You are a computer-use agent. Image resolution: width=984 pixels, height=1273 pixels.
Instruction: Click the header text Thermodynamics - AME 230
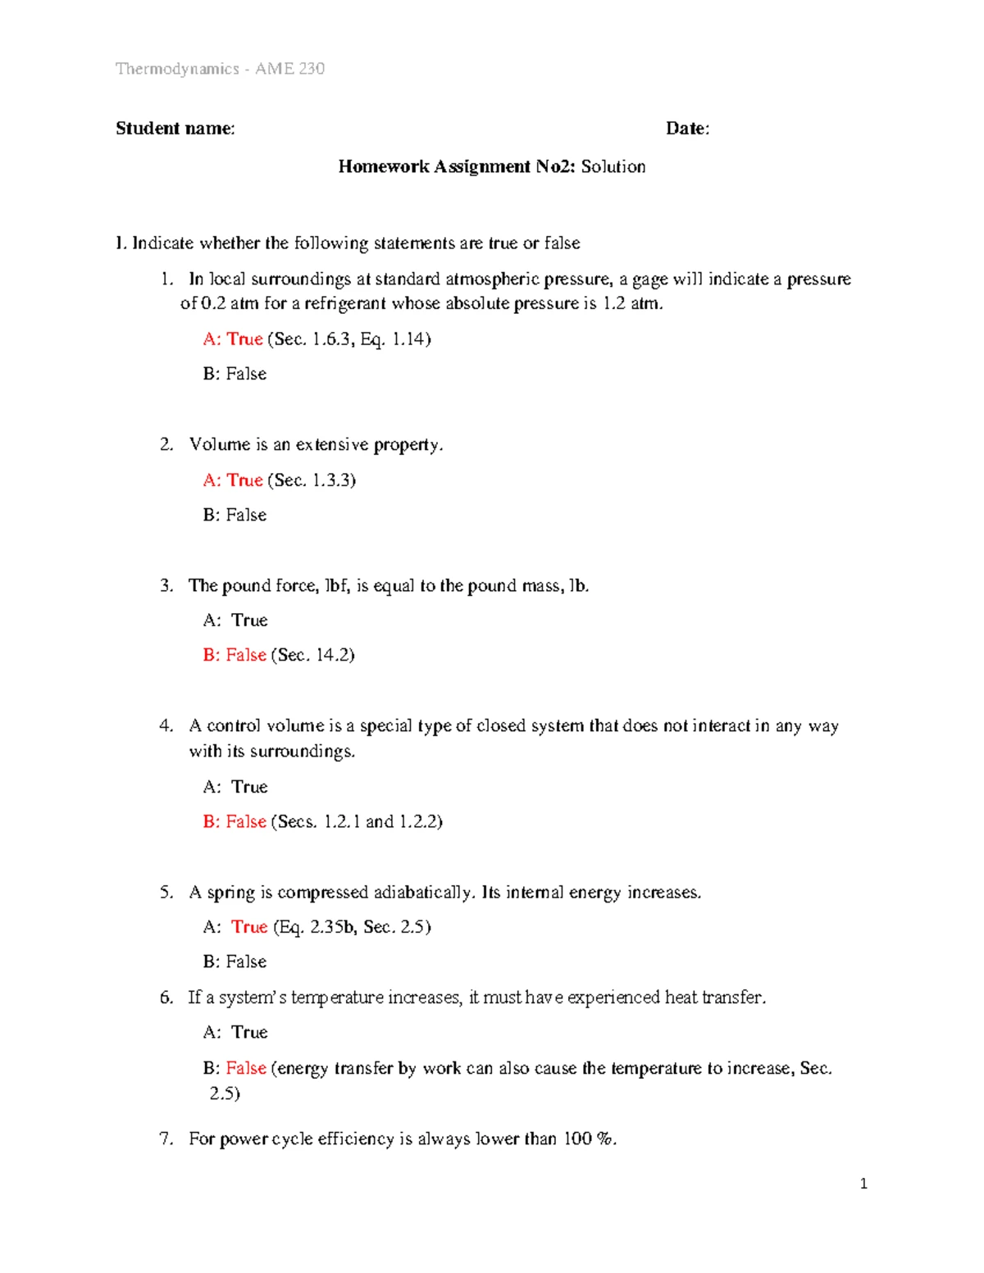220,69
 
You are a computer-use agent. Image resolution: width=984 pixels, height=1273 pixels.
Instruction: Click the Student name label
175,128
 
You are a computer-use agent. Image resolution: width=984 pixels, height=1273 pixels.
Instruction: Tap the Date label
687,128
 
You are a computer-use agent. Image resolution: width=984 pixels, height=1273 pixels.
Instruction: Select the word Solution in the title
613,166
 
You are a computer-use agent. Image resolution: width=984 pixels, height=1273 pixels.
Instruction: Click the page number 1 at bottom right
863,1183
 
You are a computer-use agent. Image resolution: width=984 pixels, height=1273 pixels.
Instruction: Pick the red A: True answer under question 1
233,339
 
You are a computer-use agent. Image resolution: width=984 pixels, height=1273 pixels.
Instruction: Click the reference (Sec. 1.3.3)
312,480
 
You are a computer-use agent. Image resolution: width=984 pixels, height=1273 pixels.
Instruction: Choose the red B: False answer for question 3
235,654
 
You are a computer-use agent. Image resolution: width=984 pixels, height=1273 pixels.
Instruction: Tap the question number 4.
166,725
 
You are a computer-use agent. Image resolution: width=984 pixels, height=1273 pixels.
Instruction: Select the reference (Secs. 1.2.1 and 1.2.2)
357,821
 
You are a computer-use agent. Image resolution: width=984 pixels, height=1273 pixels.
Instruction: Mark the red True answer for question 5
249,926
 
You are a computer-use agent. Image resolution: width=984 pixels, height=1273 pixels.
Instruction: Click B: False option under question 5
235,961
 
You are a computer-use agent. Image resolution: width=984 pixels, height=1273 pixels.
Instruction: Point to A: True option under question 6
235,1032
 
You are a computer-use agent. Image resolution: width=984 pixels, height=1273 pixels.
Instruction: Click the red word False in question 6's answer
246,1067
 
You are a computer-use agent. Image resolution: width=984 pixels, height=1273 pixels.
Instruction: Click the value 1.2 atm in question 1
631,303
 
